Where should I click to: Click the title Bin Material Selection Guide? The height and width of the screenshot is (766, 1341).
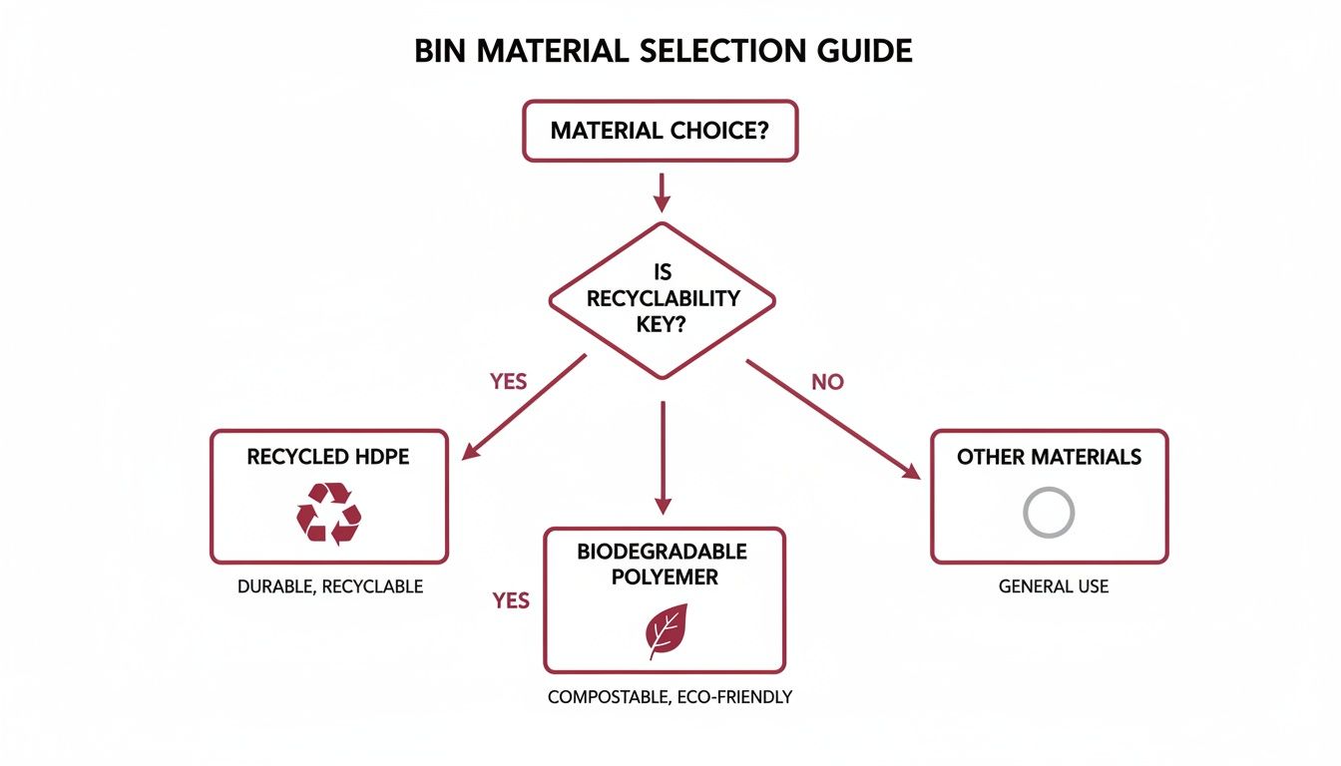(663, 52)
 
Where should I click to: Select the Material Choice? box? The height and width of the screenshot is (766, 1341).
(660, 131)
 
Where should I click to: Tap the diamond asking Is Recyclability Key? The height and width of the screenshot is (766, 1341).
(662, 299)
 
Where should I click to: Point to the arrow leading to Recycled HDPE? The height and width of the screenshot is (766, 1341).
(525, 408)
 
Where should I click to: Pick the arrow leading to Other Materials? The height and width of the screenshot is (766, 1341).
(834, 419)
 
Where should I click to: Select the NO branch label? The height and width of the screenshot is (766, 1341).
(826, 383)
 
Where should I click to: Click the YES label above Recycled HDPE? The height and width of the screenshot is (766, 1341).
(508, 383)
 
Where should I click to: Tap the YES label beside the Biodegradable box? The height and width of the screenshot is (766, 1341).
(511, 600)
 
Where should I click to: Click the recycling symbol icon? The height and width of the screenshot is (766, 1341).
(328, 515)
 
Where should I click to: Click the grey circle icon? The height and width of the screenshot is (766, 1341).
(1049, 513)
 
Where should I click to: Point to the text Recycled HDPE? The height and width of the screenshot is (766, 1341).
(328, 458)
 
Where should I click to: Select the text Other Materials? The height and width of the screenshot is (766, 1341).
(1049, 458)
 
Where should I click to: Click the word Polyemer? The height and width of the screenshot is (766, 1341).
(663, 577)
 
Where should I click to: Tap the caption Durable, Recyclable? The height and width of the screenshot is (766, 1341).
(329, 587)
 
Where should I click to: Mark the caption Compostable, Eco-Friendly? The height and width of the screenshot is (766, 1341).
(670, 698)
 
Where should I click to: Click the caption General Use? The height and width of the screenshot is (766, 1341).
(1053, 587)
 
